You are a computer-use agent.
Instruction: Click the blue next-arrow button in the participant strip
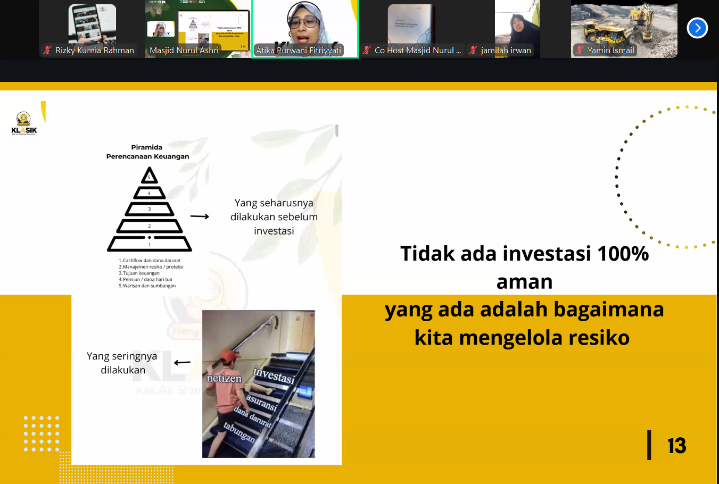[x=697, y=28]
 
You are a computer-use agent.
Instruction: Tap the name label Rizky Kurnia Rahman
[x=94, y=51]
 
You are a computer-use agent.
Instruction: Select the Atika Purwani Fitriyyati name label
[x=298, y=51]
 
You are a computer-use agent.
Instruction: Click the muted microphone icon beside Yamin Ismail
[x=580, y=51]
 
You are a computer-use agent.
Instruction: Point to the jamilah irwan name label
[x=506, y=51]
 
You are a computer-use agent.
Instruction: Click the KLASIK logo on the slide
[x=24, y=124]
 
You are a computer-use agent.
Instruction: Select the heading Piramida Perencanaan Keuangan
[x=147, y=152]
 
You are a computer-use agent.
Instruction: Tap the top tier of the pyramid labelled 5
[x=150, y=177]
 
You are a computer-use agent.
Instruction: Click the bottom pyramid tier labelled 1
[x=150, y=244]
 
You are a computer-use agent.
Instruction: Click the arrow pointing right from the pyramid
[x=200, y=216]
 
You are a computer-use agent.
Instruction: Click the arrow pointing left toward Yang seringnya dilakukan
[x=182, y=363]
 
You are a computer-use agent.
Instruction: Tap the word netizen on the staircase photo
[x=224, y=378]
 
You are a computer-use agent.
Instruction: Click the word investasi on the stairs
[x=274, y=375]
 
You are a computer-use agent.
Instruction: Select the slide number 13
[x=676, y=446]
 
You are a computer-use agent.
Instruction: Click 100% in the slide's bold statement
[x=623, y=254]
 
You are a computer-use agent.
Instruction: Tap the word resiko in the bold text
[x=599, y=338]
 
